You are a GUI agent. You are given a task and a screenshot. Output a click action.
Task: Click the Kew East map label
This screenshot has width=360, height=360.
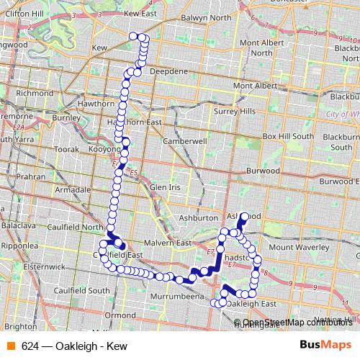pos(140,13)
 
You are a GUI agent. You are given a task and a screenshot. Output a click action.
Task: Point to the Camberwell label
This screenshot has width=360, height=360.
pos(185,142)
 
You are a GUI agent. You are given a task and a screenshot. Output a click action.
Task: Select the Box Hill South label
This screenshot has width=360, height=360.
pos(288,136)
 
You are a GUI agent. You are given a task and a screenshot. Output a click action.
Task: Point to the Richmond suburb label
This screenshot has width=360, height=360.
pos(35,94)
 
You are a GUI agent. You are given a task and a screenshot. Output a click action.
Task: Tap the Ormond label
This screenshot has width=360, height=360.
pos(120,315)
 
